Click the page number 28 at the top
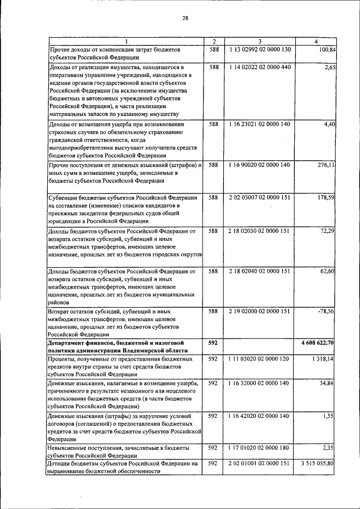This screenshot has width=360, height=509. (x=185, y=18)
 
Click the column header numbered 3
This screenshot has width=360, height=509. (x=259, y=42)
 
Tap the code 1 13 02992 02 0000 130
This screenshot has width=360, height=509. (x=259, y=49)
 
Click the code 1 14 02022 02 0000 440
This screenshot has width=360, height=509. (x=259, y=67)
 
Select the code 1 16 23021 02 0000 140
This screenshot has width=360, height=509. (x=259, y=124)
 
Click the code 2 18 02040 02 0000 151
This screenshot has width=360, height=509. (x=259, y=271)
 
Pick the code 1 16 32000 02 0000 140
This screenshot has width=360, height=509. (x=259, y=383)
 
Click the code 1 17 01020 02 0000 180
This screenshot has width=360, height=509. (x=259, y=448)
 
